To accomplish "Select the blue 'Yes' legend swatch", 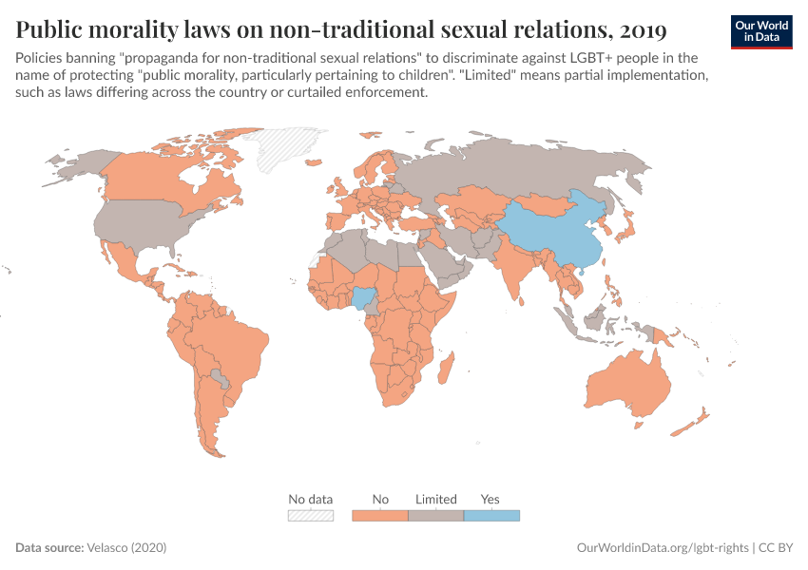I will (x=491, y=516).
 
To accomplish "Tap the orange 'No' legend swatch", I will (x=380, y=516).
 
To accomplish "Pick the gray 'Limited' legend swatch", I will (x=435, y=516).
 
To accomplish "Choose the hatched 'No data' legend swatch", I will (x=311, y=516).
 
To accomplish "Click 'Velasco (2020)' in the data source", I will (x=126, y=548).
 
